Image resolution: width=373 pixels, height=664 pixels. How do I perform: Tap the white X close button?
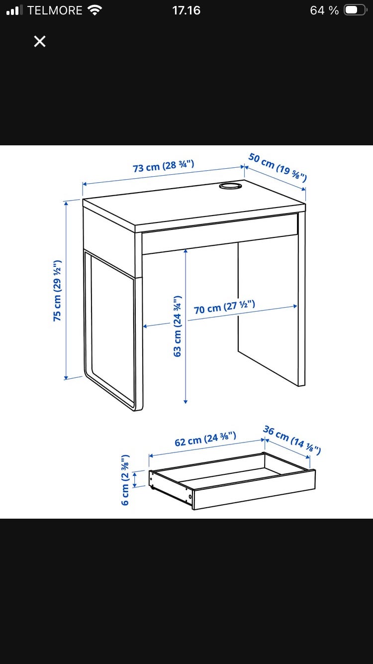point(40,41)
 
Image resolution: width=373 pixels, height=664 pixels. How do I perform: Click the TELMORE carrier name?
point(55,10)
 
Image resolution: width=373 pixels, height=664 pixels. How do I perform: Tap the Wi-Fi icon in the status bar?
point(95,10)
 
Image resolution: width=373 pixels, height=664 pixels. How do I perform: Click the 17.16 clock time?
point(186,10)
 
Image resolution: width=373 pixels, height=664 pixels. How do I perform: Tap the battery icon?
point(355,10)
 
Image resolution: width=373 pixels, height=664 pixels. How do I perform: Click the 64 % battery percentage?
point(324,10)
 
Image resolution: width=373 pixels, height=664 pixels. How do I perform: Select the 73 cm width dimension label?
point(164,166)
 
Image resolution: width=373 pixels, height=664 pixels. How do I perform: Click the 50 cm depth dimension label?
point(278,167)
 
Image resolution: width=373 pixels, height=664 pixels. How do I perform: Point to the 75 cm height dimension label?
point(57,291)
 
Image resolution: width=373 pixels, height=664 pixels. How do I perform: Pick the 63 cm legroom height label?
point(177,326)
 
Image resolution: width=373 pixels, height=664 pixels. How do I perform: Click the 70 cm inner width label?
point(224,307)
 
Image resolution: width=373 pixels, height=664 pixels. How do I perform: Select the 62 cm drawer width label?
point(205,440)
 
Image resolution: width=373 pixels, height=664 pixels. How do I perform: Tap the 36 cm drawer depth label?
point(292,440)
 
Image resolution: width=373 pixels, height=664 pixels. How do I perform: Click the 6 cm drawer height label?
point(125,480)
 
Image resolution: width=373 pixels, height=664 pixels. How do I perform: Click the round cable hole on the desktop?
point(230,186)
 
